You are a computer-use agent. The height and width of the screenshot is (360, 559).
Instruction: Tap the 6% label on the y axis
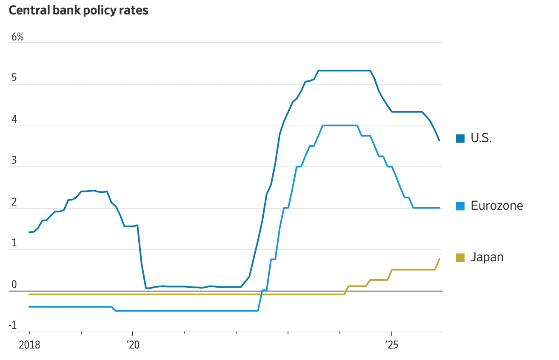pos(17,37)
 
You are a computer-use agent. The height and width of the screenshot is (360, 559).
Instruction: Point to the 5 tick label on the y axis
pos(14,79)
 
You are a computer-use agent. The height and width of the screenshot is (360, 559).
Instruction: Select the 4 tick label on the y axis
pos(14,120)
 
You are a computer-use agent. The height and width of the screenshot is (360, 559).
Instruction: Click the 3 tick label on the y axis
pos(14,161)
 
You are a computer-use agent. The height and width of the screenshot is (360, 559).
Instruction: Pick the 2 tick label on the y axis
pos(14,203)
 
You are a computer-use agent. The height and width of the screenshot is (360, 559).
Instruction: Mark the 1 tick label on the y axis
pos(14,244)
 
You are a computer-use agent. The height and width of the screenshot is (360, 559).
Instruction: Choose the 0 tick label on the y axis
pos(14,285)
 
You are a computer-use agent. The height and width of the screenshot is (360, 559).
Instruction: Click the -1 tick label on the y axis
pos(13,326)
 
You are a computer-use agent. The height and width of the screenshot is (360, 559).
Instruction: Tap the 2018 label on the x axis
pos(29,345)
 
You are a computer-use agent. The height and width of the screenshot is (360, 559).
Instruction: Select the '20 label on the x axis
pos(132,345)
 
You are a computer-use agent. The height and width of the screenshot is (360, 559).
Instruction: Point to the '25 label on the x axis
pos(391,345)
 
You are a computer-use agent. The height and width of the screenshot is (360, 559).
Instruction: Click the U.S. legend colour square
pos(460,138)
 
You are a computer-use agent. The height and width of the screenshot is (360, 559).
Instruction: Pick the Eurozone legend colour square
pos(460,206)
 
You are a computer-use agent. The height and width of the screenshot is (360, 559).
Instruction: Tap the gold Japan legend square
pos(460,257)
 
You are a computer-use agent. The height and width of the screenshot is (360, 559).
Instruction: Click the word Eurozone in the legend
pos(496,206)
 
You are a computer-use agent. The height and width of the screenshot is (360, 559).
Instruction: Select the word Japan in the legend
pos(487,257)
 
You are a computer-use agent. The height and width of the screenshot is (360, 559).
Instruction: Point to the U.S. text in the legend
pos(481,138)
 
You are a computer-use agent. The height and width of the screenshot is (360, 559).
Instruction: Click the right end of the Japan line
pos(439,259)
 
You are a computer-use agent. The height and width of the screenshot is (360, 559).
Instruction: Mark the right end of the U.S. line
pos(439,140)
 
